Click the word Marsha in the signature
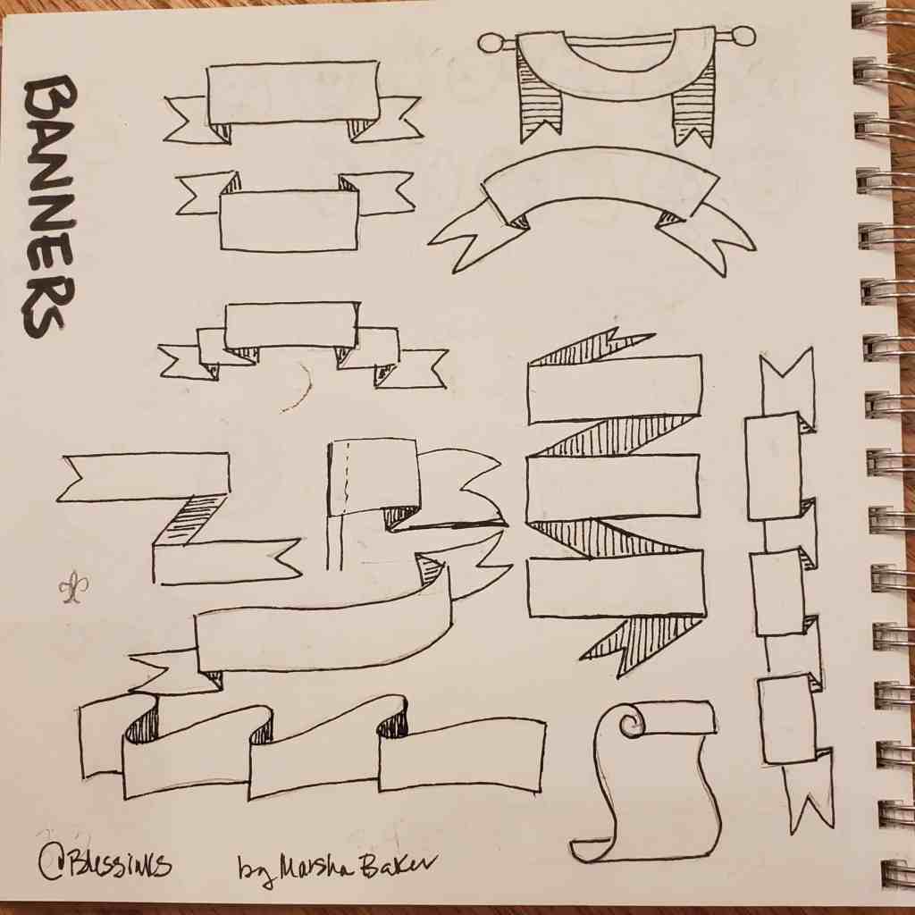pyautogui.click(x=308, y=866)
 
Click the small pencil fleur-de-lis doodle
pyautogui.click(x=71, y=588)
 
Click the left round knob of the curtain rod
pyautogui.click(x=490, y=42)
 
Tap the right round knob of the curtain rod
pyautogui.click(x=743, y=37)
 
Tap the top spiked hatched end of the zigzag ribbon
pyautogui.click(x=594, y=348)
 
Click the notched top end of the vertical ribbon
pyautogui.click(x=787, y=379)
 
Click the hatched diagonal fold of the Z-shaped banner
pyautogui.click(x=193, y=522)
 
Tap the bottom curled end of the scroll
pyautogui.click(x=594, y=850)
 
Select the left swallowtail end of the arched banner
pyautogui.click(x=469, y=237)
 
